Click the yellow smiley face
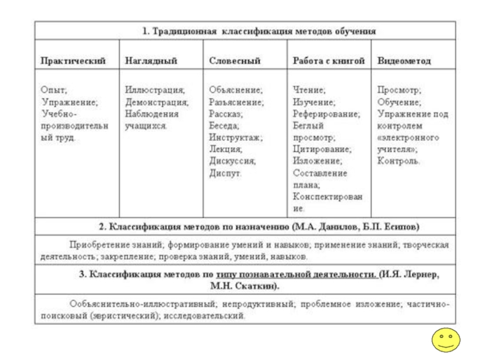446,340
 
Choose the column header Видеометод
404,61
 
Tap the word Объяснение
236,90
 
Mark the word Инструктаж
235,137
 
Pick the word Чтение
310,90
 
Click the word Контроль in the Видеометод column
398,161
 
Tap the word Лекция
226,149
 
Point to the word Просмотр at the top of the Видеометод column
399,90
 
